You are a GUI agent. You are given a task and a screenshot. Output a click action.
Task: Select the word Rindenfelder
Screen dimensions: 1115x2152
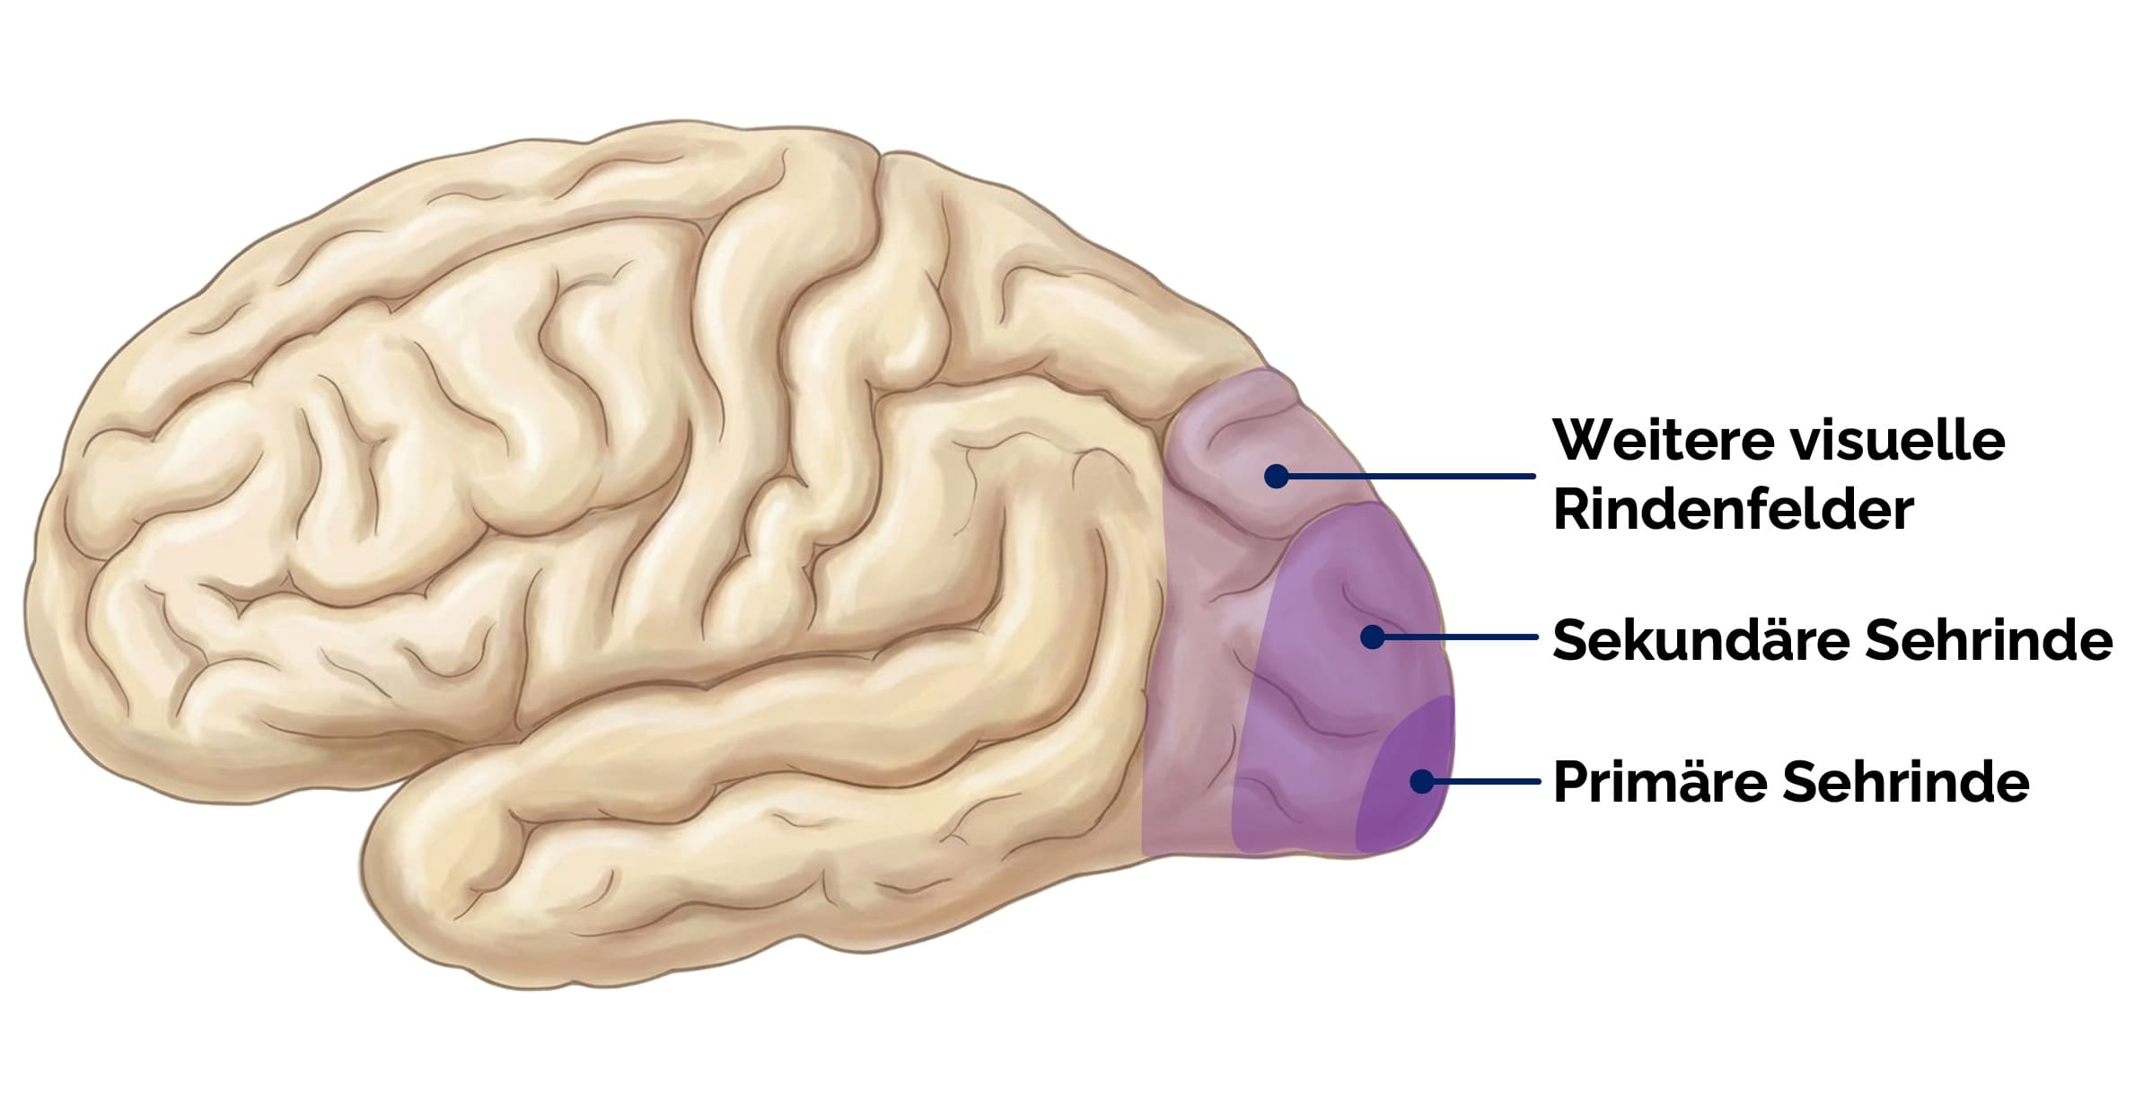[x=1733, y=510]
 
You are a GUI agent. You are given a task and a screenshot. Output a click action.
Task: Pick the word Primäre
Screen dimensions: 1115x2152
[x=1656, y=783]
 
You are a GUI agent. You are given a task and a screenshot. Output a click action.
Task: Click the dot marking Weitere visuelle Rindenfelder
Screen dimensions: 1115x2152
[x=1276, y=476]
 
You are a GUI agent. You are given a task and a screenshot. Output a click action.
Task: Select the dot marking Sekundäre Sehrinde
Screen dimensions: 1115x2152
[x=1372, y=637]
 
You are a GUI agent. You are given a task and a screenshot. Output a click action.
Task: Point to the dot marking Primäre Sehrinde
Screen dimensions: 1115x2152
[x=1421, y=781]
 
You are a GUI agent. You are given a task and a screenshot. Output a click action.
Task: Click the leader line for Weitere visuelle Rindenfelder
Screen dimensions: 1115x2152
[x=1410, y=476]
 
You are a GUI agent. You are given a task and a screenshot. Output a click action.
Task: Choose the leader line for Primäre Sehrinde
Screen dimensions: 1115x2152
[x=1486, y=781]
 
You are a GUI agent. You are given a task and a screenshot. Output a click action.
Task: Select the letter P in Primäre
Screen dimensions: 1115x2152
[x=1569, y=783]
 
